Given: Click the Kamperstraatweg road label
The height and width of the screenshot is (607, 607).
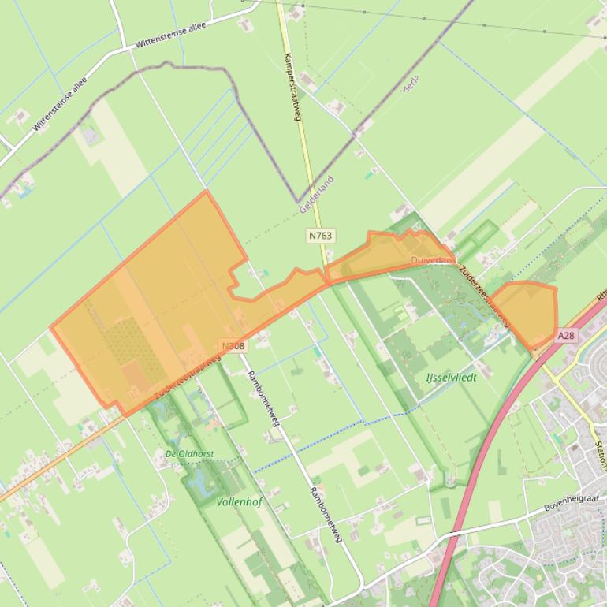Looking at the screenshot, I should click(292, 87).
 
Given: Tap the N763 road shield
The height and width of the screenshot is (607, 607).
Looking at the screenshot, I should click(321, 235).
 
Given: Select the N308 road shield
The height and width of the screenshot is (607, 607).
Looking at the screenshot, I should click(233, 346).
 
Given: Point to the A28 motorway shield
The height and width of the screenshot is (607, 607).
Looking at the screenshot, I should click(566, 336).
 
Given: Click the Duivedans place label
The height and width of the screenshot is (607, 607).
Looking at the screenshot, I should click(433, 260).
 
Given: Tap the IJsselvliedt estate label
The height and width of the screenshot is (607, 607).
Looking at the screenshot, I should click(452, 377).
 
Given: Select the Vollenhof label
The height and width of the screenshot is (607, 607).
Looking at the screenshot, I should click(239, 501).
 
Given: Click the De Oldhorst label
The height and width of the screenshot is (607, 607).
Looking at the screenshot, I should click(189, 454).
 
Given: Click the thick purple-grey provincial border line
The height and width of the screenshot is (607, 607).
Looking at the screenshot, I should click(260, 142).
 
